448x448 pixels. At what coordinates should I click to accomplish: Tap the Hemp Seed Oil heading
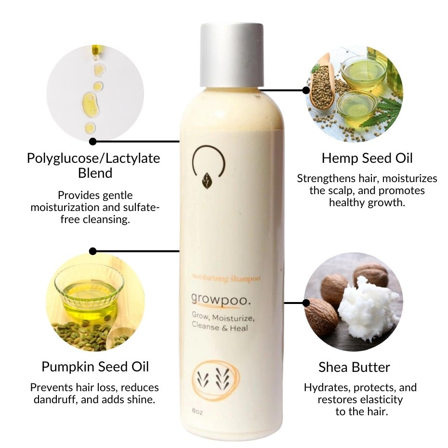pos(367,158)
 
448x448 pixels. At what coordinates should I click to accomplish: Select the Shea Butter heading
pos(354,367)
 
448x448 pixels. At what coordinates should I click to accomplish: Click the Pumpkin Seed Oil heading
pos(95,367)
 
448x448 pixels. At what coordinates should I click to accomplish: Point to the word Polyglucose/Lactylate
pos(93,158)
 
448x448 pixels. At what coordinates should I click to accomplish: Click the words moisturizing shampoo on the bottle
pos(226,278)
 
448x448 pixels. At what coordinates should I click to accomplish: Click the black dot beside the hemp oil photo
pos(306,90)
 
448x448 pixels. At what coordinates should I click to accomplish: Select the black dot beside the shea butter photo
pos(306,303)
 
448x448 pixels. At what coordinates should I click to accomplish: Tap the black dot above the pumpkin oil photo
pos(93,251)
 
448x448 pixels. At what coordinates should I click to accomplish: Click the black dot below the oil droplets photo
pos(93,142)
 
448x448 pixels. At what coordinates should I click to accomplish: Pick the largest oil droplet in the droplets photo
pos(90,103)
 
